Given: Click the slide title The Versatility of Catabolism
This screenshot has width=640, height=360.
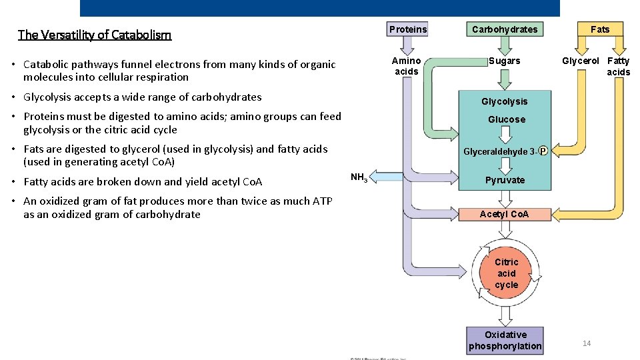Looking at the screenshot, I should [x=95, y=35].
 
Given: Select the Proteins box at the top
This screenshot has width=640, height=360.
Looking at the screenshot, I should [x=408, y=29].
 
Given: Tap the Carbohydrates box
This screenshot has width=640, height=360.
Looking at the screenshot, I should [x=505, y=29].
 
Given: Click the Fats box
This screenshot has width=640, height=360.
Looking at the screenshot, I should [x=600, y=29].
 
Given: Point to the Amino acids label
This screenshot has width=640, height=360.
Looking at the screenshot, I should [x=407, y=66].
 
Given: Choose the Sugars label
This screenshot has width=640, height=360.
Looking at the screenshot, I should [x=505, y=61].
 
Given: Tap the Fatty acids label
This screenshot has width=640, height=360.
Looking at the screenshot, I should [x=618, y=66].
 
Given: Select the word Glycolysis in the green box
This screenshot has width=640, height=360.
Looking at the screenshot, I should [x=505, y=101].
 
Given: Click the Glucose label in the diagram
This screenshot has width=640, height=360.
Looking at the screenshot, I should [x=507, y=119].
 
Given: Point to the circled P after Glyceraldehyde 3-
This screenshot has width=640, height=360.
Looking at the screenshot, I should [x=543, y=151].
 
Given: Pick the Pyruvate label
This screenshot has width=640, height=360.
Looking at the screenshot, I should [x=505, y=180].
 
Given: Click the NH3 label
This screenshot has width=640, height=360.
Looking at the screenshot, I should [x=359, y=177].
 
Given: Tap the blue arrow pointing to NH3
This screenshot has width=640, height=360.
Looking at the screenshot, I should [x=383, y=177].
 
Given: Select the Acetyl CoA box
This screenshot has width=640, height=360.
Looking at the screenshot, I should [x=505, y=214].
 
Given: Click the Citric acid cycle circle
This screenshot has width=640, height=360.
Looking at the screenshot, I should [x=506, y=273].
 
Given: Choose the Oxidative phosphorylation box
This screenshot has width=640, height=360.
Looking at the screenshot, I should [x=505, y=340].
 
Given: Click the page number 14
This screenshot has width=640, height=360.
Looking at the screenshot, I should [x=587, y=343].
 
